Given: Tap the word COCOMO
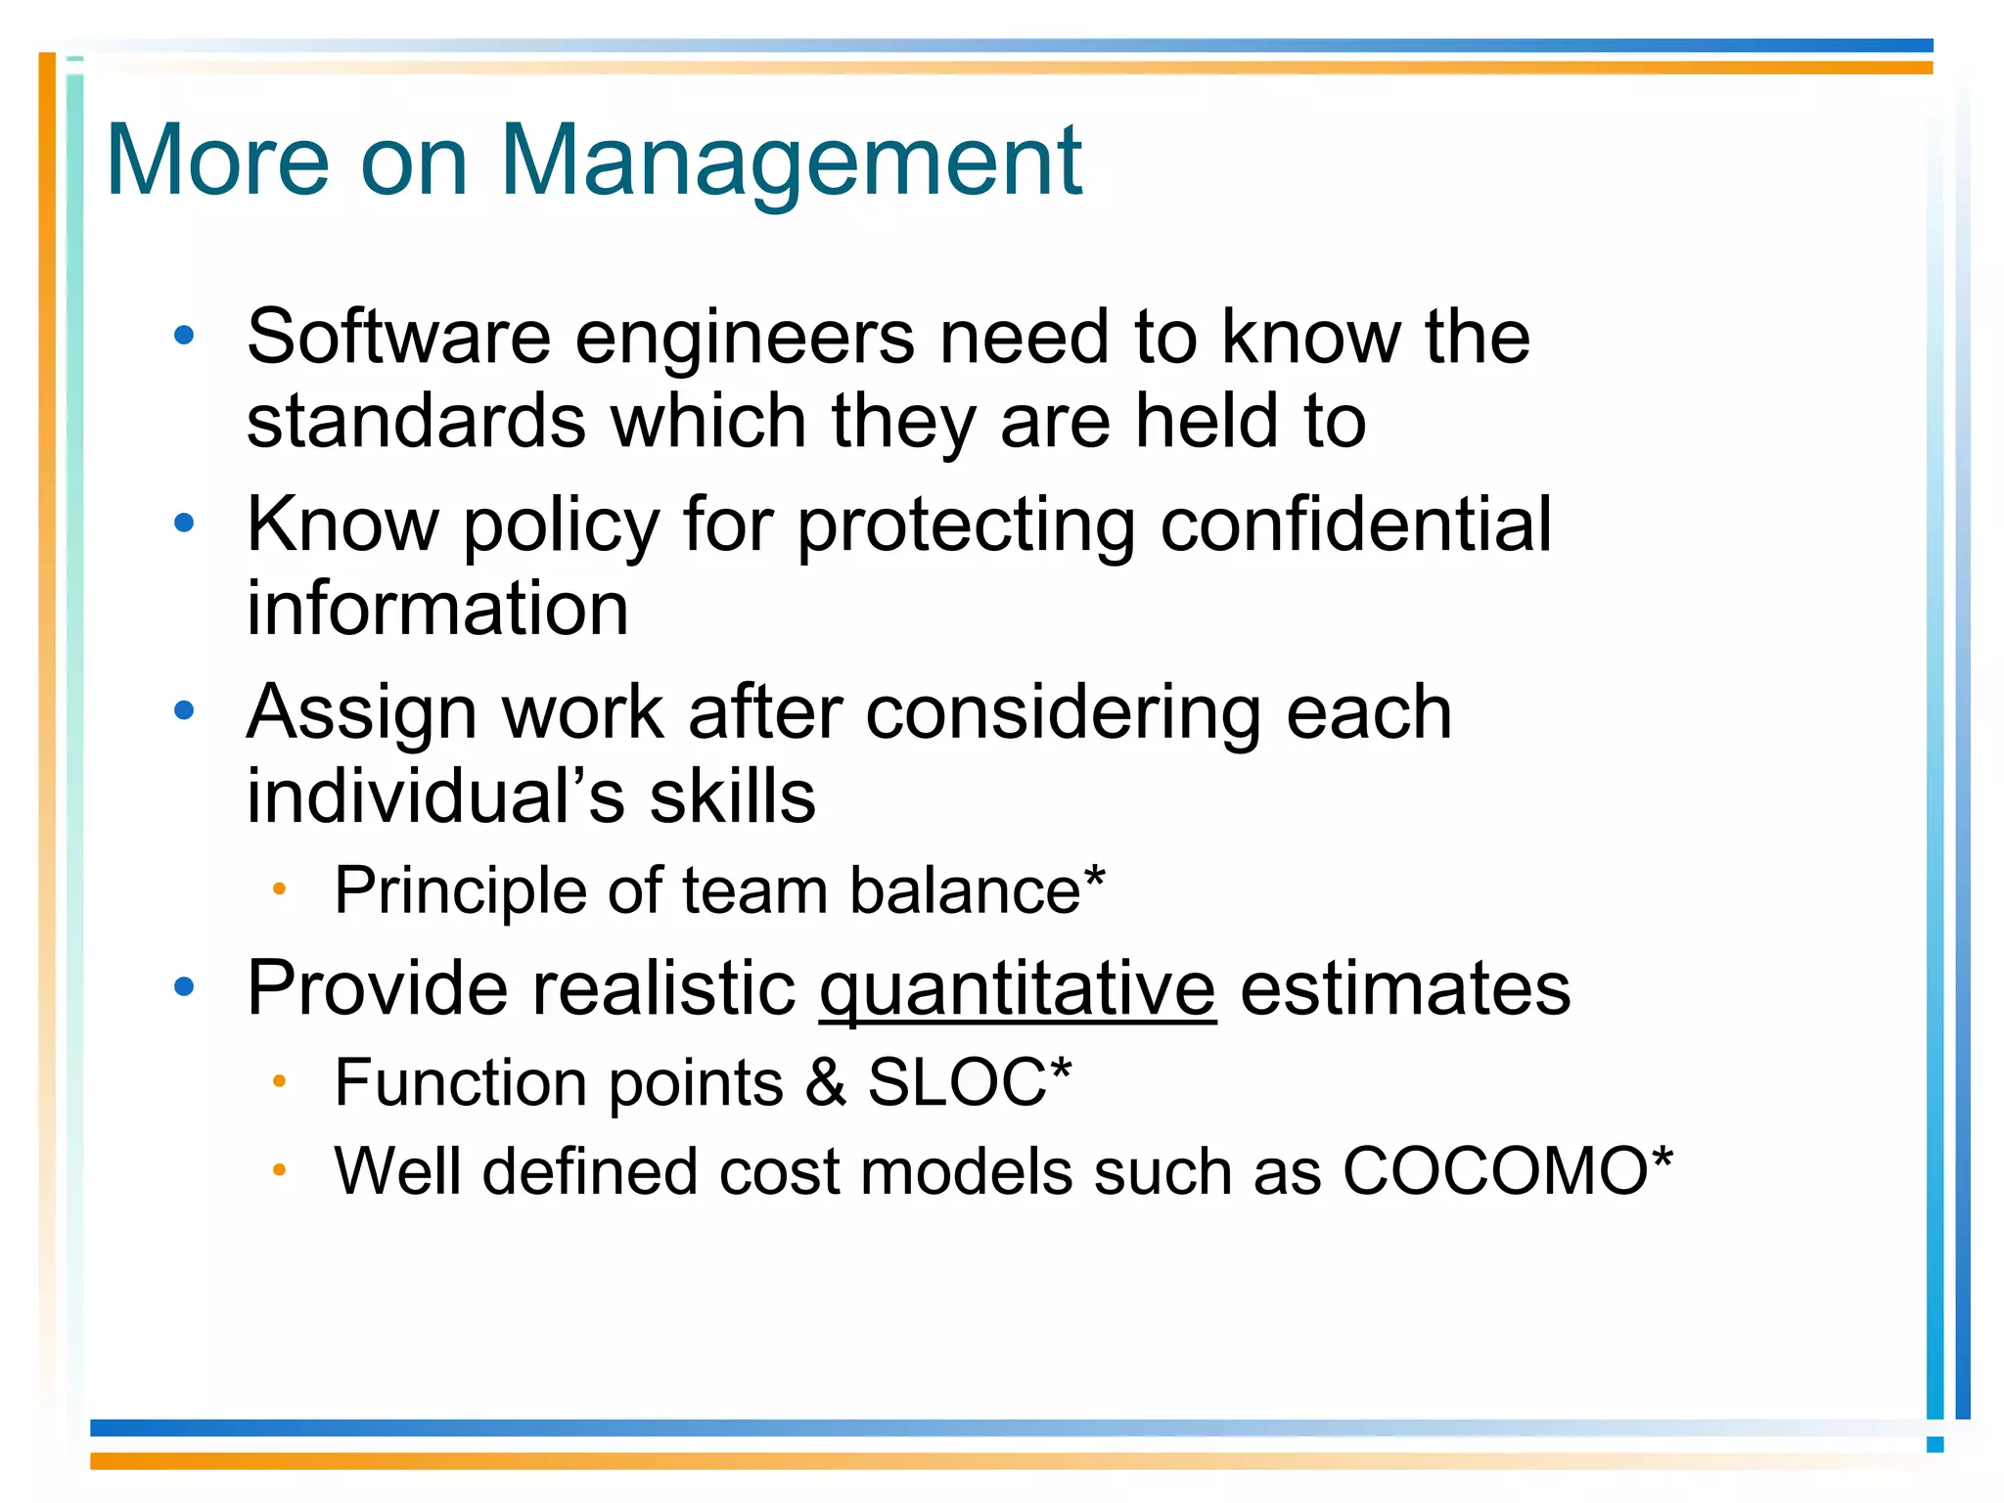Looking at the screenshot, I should point(1495,1171).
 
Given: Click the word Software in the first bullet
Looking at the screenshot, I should point(398,338).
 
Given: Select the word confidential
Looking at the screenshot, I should point(1355,525).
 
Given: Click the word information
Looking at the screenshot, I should point(437,609).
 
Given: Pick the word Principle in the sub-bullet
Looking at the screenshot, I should point(460,891).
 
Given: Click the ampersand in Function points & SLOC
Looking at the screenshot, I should point(826,1083).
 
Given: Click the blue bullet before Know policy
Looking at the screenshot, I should point(184,524).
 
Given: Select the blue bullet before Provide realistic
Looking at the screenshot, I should point(184,987).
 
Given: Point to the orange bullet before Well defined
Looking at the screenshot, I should point(279,1169).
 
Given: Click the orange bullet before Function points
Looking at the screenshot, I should point(279,1081).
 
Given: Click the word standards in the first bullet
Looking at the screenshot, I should point(416,422).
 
